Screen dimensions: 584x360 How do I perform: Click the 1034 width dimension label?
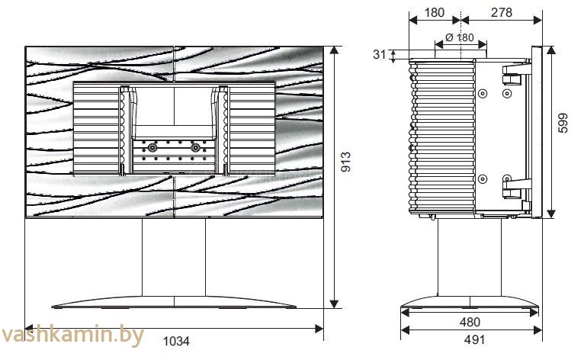[x=176, y=341]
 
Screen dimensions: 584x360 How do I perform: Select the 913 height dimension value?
[x=346, y=162]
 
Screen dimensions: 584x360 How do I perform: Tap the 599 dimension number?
[x=563, y=123]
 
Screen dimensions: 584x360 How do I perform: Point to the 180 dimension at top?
[x=435, y=12]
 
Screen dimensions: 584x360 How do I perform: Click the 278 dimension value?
[x=502, y=12]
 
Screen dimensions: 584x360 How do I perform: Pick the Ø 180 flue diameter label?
[x=460, y=37]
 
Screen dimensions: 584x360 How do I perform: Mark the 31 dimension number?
[x=379, y=54]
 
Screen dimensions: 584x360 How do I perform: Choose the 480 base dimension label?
[x=470, y=322]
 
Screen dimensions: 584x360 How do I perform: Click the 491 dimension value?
[x=474, y=339]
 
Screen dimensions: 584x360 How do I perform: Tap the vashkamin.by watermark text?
[x=72, y=335]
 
